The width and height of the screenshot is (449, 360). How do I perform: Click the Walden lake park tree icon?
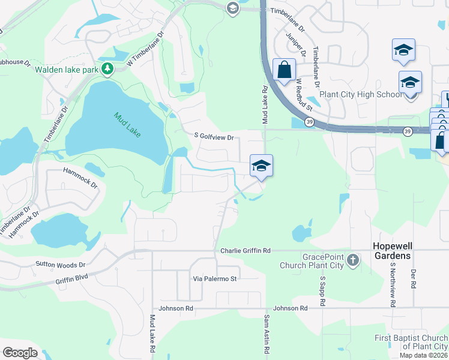(x=107, y=70)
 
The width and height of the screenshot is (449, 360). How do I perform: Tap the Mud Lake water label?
(x=127, y=124)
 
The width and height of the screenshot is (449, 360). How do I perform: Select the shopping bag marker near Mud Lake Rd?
(x=284, y=70)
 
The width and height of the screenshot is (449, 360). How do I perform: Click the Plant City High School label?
(x=361, y=94)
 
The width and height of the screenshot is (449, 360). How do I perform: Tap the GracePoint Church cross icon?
(x=353, y=260)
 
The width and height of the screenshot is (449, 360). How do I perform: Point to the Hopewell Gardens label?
(x=392, y=251)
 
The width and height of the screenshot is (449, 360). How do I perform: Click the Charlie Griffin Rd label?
(x=246, y=250)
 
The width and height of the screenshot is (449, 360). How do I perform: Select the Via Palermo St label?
(x=215, y=278)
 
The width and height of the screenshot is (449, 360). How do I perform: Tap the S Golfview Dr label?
(x=213, y=137)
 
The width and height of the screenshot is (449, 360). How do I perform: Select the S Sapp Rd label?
(x=322, y=291)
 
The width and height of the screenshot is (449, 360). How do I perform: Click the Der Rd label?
(x=413, y=278)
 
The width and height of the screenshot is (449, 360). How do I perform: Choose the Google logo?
(x=20, y=352)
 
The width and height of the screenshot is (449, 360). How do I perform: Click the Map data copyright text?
(x=423, y=355)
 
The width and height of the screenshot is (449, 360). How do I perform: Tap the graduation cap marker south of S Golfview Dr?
(x=261, y=166)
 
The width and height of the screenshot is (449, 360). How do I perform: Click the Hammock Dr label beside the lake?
(x=80, y=178)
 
